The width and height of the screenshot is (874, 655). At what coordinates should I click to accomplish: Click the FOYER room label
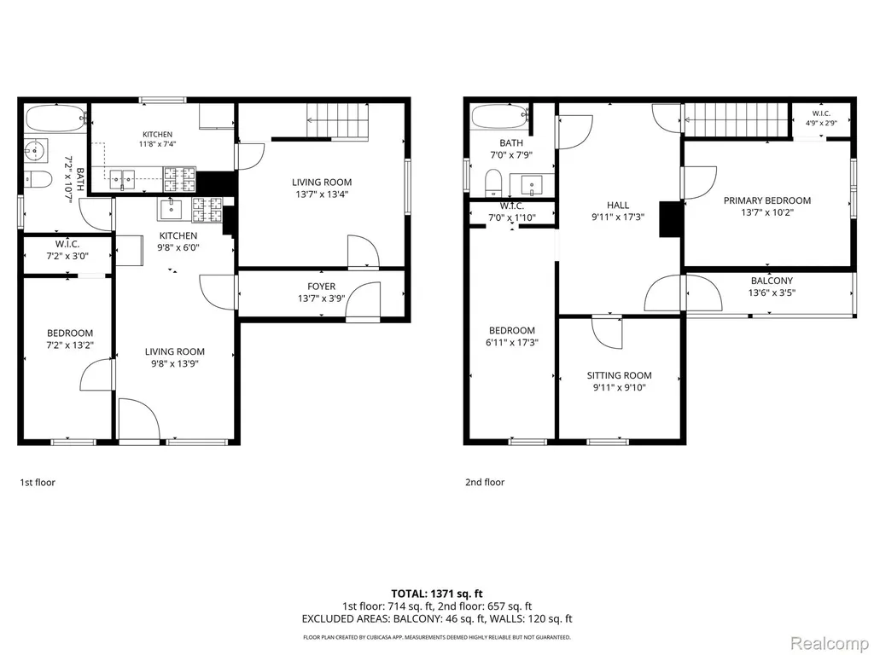322,287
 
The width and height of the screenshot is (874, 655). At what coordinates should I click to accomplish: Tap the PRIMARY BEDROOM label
767,200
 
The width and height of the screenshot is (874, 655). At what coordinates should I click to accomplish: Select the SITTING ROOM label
619,375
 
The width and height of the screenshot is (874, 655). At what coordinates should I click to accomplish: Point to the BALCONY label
772,281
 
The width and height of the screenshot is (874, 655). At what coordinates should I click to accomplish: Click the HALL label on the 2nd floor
618,205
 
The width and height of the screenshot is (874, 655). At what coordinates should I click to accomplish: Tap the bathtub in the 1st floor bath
55,118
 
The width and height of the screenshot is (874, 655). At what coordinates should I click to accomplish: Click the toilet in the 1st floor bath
38,179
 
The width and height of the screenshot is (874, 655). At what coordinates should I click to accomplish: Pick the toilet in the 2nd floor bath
493,183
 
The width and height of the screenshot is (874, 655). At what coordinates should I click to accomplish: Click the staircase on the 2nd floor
737,119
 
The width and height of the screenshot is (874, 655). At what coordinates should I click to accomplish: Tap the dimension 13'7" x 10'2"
767,212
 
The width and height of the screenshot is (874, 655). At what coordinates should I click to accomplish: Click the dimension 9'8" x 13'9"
174,363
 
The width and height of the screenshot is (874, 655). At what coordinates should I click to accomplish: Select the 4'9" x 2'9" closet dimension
821,123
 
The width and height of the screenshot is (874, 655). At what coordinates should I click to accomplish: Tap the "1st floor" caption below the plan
38,483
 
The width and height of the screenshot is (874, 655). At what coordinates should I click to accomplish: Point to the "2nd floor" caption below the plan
485,483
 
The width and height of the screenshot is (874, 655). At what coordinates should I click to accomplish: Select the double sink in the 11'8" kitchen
122,179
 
